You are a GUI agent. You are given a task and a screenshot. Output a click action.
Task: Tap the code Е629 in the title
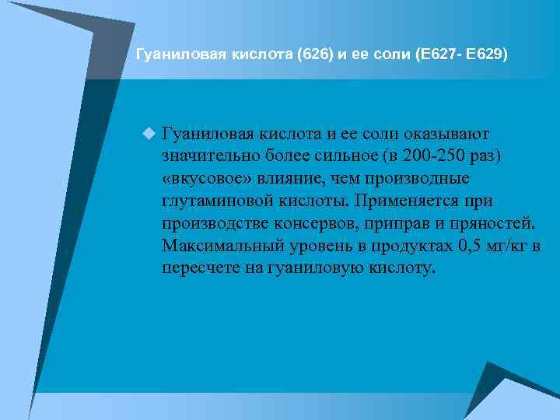(x=486, y=54)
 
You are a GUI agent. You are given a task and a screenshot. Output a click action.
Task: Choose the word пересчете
(x=200, y=269)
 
